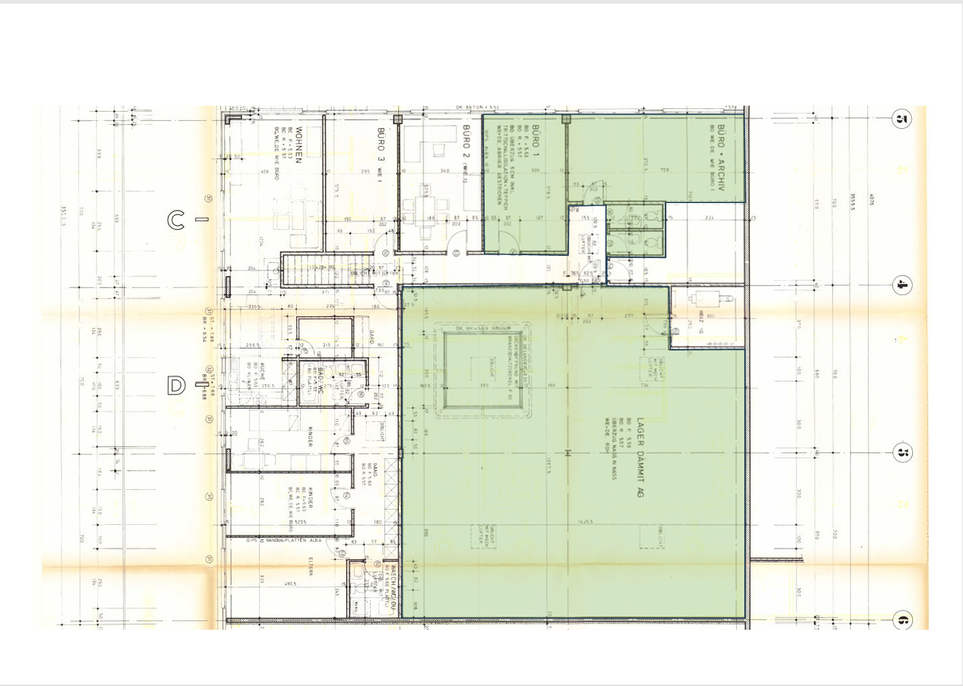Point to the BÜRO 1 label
coord(535,137)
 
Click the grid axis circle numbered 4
coord(902,285)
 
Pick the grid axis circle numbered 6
coord(902,621)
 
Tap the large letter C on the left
coord(176,220)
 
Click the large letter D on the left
coord(176,386)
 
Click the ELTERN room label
coord(310,567)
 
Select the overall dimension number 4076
coord(871,200)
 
